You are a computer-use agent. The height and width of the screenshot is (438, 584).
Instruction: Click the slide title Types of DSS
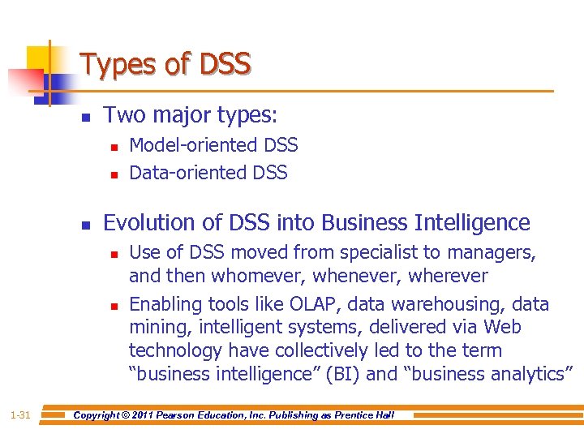165,64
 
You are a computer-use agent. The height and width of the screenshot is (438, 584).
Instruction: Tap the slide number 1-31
20,415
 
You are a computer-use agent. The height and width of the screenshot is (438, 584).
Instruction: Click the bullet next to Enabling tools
114,307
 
